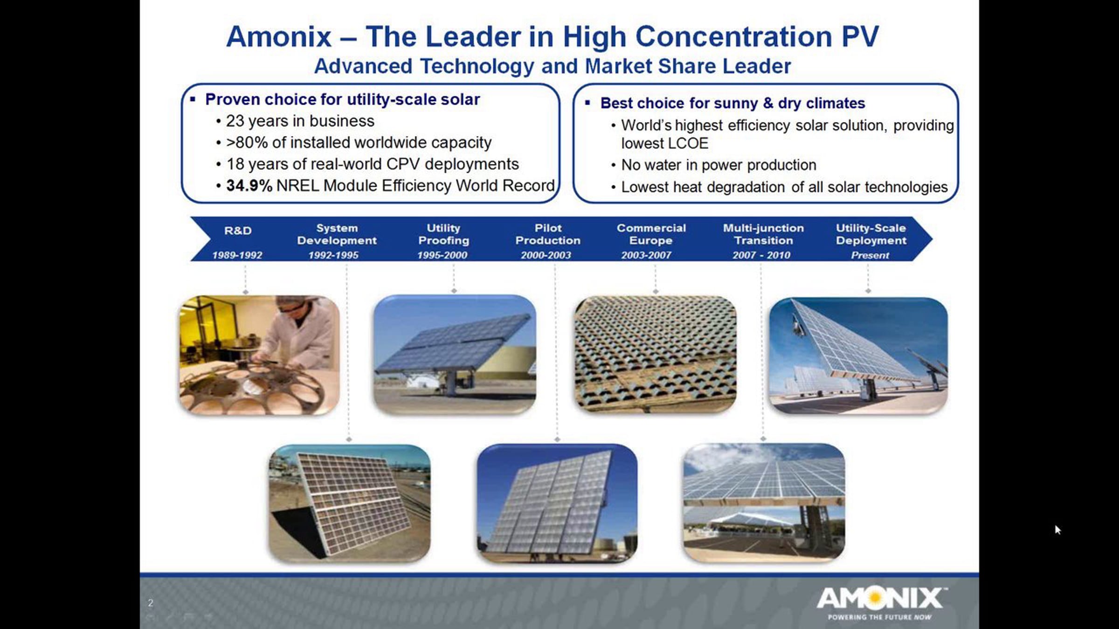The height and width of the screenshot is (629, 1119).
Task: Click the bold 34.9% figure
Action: pos(249,185)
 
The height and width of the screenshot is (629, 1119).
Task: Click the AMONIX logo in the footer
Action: pos(879,602)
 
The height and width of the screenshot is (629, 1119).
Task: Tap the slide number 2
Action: pos(150,603)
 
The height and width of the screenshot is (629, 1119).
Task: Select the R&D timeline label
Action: pos(238,231)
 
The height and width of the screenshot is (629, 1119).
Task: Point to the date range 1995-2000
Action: pos(442,255)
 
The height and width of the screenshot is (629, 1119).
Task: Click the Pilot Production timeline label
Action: pos(548,234)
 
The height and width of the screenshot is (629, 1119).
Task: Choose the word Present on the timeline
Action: pos(870,255)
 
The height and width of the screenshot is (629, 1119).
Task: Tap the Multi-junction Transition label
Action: pos(763,234)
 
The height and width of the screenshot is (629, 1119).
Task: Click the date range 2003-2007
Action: pos(646,255)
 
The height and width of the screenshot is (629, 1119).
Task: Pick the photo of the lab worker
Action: pos(260,355)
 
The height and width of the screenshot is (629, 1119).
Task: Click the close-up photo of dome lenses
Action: pos(656,354)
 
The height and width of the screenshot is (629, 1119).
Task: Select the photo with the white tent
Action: pos(764,502)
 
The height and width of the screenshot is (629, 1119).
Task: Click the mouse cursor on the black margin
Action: pos(1058,530)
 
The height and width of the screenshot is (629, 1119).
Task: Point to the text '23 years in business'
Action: pos(300,121)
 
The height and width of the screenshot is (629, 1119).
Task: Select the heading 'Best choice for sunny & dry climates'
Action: pos(732,103)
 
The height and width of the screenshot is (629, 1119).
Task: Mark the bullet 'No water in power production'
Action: pos(718,165)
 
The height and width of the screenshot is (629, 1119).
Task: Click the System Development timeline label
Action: pos(337,234)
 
